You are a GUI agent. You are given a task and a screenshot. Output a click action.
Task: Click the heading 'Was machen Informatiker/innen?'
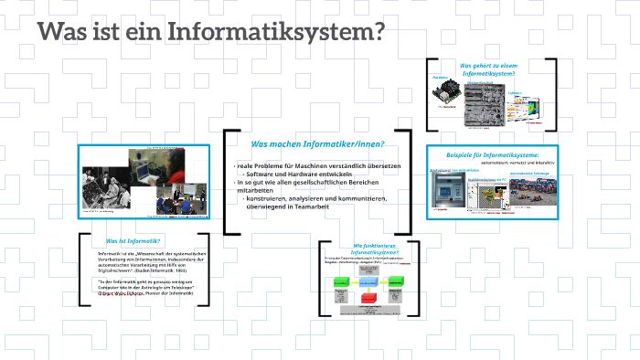(x=317, y=144)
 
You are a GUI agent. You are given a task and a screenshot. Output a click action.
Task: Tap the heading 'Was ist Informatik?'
(x=127, y=240)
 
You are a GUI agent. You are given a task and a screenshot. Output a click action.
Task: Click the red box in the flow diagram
(x=368, y=298)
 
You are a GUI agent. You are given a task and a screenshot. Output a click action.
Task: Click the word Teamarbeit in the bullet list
(x=309, y=206)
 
